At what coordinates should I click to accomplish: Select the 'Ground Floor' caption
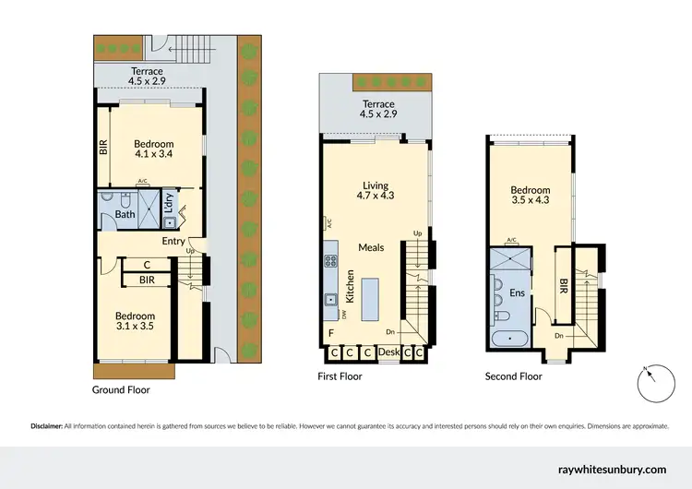(121, 390)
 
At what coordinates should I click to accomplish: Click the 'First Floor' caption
(340, 376)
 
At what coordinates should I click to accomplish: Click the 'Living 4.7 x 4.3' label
(375, 190)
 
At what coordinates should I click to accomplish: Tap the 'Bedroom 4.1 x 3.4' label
(153, 149)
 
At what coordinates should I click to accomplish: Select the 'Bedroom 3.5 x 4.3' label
(530, 197)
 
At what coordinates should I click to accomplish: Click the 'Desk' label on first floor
(388, 352)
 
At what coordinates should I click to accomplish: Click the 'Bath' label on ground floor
(125, 216)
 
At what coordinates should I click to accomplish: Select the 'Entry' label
(173, 241)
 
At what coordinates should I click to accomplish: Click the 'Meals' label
(372, 247)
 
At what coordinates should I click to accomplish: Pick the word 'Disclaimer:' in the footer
(44, 426)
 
